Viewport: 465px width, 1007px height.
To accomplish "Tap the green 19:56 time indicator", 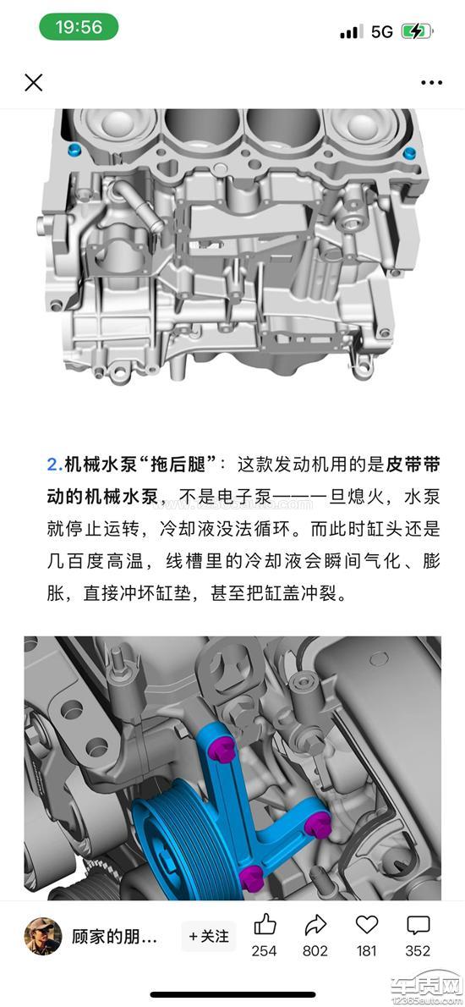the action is pyautogui.click(x=79, y=27).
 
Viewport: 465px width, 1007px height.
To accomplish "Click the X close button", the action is pyautogui.click(x=33, y=82).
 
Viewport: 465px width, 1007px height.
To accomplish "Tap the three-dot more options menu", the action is pyautogui.click(x=432, y=83).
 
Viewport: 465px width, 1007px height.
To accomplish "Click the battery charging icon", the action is pyautogui.click(x=417, y=30).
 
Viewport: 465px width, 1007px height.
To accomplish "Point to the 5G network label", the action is pyautogui.click(x=381, y=31).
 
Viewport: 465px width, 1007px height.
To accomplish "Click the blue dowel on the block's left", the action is pyautogui.click(x=75, y=151).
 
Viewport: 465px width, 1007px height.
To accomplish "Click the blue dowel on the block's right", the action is pyautogui.click(x=408, y=153).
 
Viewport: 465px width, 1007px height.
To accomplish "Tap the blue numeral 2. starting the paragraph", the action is pyautogui.click(x=55, y=465).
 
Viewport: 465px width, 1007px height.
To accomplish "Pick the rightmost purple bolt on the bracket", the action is pyautogui.click(x=318, y=823).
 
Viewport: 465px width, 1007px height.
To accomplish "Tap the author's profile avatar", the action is pyautogui.click(x=43, y=936).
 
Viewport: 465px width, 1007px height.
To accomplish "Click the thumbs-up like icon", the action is pyautogui.click(x=265, y=926).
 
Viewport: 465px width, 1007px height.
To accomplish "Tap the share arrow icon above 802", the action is pyautogui.click(x=315, y=926).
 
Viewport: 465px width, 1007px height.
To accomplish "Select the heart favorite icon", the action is pyautogui.click(x=367, y=926).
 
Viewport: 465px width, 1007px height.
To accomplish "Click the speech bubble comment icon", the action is pyautogui.click(x=418, y=926).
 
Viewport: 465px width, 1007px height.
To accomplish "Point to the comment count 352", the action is pyautogui.click(x=418, y=951).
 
